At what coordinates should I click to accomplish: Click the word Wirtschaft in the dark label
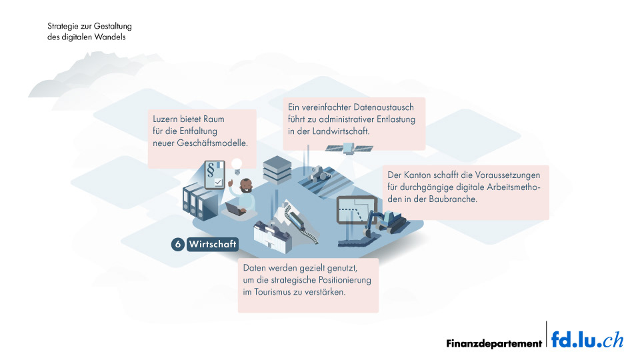coord(213,244)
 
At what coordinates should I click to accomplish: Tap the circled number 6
coord(177,244)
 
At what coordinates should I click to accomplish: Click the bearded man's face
coord(245,185)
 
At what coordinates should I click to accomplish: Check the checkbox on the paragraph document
coord(217,182)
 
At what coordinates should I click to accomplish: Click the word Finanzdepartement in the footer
coord(494,344)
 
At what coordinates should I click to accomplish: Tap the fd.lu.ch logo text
coord(587,340)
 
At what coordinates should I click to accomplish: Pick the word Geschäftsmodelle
coord(217,143)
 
